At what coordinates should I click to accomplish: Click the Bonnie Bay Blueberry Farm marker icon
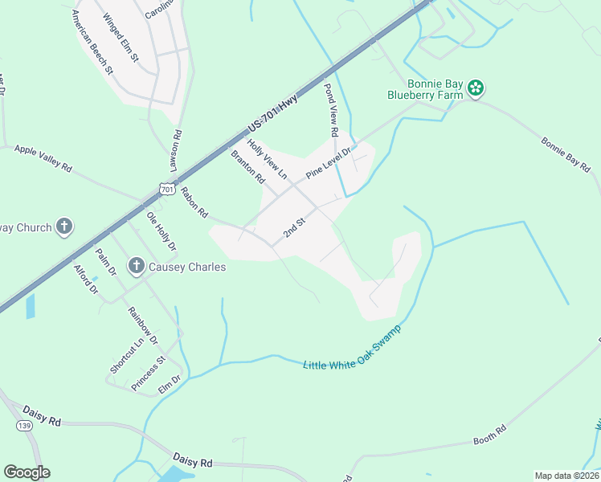tap(476, 88)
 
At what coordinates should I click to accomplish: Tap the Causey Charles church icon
tap(136, 266)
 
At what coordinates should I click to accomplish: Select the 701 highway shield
tap(166, 190)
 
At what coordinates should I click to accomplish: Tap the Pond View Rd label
tap(330, 109)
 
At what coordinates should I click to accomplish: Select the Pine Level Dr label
tap(329, 164)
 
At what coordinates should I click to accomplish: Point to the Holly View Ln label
tap(267, 158)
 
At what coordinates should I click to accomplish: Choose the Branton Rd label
tap(247, 167)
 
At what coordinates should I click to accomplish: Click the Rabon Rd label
tap(194, 203)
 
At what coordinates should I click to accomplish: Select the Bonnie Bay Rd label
tap(566, 156)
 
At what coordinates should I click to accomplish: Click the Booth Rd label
tap(490, 435)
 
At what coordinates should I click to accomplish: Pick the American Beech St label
tap(92, 43)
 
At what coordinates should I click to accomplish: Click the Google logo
tap(27, 472)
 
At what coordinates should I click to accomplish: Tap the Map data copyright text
tap(566, 476)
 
